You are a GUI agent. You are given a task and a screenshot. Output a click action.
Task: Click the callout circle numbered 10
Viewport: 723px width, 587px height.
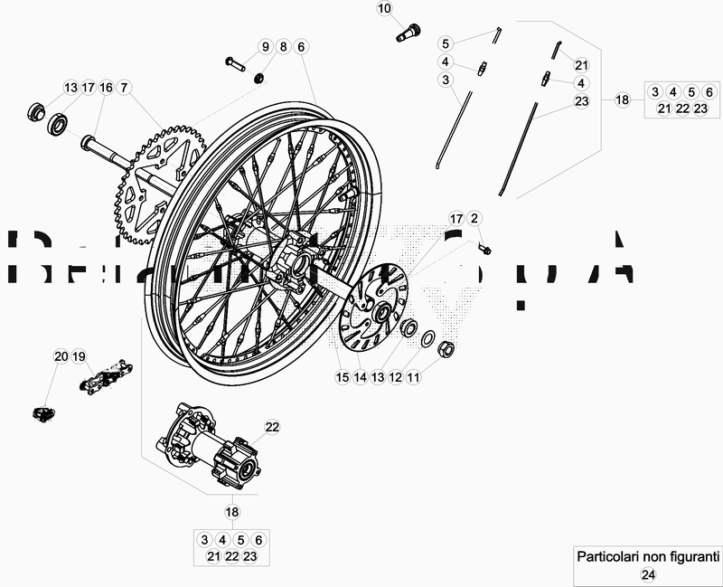[x=384, y=9]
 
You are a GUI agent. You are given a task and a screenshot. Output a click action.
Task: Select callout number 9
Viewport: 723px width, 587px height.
[x=266, y=46]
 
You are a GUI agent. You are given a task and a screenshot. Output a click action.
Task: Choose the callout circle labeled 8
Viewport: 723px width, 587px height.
[x=283, y=46]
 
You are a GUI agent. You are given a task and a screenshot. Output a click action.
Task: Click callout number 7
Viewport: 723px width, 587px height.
[x=124, y=88]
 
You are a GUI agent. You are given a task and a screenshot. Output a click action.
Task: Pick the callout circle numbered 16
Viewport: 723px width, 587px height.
[x=106, y=88]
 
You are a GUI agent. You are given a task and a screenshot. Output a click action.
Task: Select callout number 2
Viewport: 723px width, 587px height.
[x=475, y=218]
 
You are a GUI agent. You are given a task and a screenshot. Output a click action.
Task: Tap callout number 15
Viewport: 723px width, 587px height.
[x=343, y=377]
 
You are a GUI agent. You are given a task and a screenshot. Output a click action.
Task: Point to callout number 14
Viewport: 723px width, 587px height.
[x=360, y=377]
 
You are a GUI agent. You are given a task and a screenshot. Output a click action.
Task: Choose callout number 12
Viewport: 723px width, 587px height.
[x=395, y=377]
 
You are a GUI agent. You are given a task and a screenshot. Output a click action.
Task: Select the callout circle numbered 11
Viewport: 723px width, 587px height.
[x=413, y=377]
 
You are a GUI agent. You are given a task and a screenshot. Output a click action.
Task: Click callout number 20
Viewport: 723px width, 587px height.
[x=61, y=355]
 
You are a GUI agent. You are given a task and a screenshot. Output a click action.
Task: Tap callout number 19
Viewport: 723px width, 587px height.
[x=79, y=355]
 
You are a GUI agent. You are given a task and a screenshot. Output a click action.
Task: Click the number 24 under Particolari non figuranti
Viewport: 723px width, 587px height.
[x=647, y=573]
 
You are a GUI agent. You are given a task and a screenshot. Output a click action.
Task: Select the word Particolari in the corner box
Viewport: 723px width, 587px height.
[x=609, y=555]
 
